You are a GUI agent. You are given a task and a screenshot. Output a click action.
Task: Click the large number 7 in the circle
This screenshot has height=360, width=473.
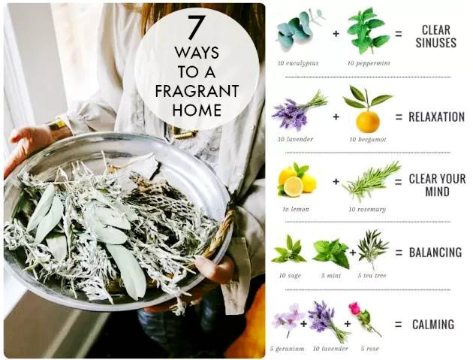196,28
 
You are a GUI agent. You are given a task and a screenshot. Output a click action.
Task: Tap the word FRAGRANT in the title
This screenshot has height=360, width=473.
197,91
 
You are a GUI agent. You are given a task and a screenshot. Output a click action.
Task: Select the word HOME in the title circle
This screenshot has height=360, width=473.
197,110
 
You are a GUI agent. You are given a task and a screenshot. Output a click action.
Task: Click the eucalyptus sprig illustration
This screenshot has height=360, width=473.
299,29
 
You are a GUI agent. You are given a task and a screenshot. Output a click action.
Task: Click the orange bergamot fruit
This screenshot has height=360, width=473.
368,122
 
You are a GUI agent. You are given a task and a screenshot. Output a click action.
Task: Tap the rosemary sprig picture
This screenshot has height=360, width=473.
372,181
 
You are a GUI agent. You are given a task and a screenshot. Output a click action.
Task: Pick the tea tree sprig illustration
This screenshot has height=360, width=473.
372,248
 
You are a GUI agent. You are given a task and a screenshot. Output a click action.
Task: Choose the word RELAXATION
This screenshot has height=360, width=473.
436,117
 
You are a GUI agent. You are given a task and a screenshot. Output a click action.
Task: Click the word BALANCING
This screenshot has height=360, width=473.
435,253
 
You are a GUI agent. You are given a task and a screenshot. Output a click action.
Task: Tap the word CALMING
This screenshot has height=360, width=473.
433,325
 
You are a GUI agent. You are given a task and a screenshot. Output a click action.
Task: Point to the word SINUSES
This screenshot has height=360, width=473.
436,42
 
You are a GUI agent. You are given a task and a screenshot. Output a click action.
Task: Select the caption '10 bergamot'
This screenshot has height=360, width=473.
368,140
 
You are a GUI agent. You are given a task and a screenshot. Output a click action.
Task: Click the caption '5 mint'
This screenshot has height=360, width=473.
331,275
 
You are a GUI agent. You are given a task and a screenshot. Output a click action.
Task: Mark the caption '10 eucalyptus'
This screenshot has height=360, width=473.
298,63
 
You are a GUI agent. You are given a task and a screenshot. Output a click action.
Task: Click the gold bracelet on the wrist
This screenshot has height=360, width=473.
57,125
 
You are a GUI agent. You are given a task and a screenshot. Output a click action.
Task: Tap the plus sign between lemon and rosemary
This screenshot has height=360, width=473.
336,181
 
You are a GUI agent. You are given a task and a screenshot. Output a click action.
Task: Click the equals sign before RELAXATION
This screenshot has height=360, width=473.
399,117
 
